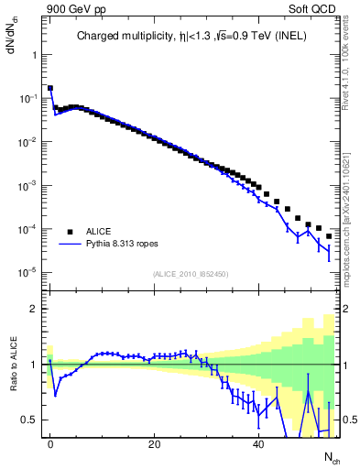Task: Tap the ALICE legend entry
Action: point(99,232)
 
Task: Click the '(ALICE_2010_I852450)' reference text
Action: point(190,274)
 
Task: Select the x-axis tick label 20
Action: point(155,443)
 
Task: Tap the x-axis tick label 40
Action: point(259,443)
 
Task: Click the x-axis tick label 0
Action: point(50,443)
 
